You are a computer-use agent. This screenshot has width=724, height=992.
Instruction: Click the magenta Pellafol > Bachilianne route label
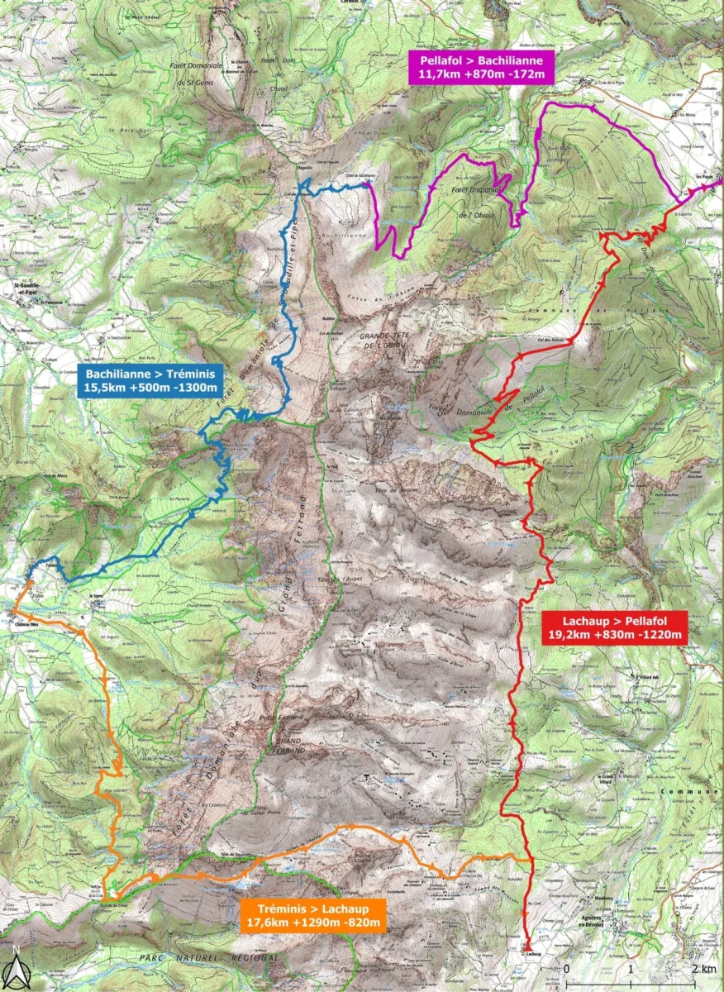(x=482, y=66)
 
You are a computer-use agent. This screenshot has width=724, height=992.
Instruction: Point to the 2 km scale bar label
(x=703, y=969)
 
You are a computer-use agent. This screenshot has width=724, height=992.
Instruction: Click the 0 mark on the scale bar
(x=567, y=969)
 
